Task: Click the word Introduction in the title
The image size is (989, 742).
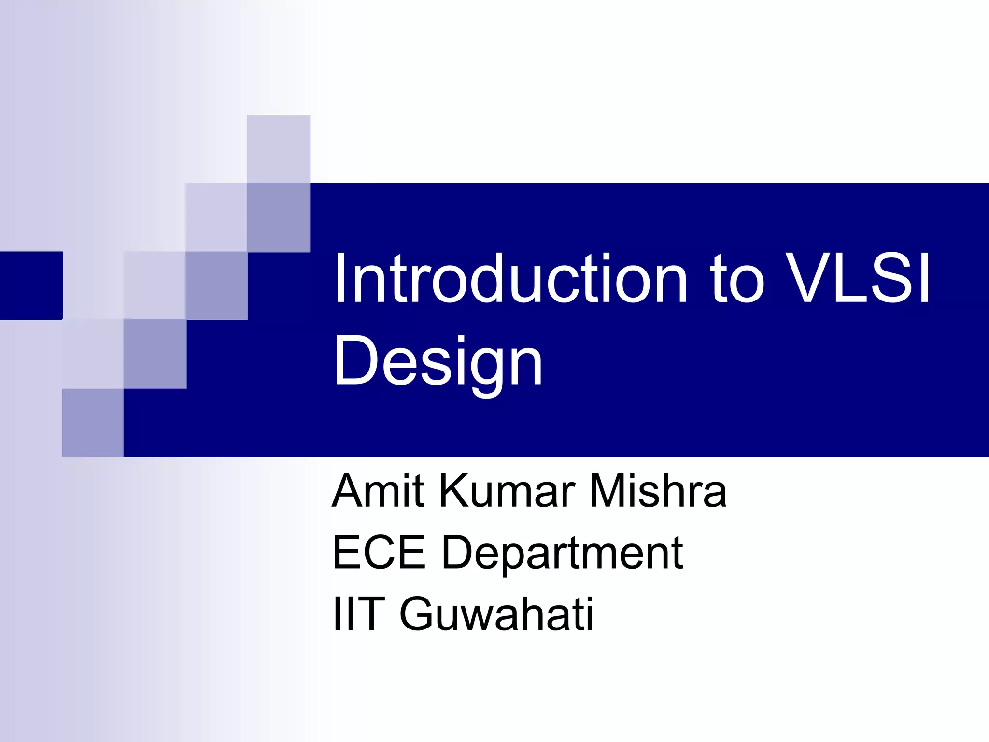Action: [x=510, y=279]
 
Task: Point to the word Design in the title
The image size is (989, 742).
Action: [x=438, y=361]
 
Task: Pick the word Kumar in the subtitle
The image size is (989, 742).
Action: [x=507, y=491]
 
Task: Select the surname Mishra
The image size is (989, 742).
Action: [x=658, y=491]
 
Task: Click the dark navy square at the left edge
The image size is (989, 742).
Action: [x=31, y=285]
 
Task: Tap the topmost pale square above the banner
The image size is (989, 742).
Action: [x=278, y=149]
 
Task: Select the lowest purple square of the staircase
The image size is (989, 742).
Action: [x=93, y=423]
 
